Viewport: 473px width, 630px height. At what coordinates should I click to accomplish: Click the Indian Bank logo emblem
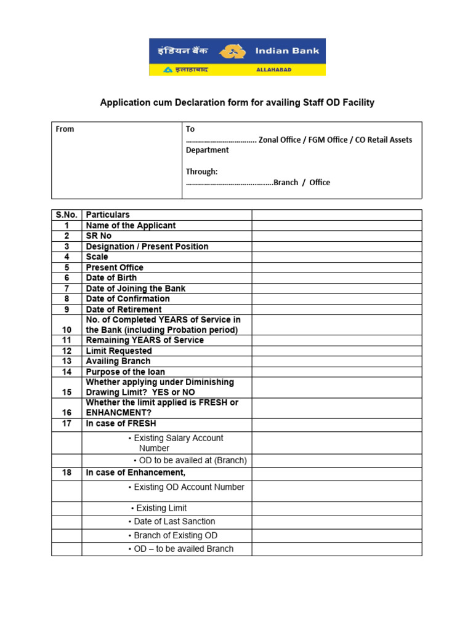(231, 52)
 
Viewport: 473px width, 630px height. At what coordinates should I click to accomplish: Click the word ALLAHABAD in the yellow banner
(273, 70)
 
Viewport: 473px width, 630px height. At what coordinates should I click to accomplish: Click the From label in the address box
(65, 129)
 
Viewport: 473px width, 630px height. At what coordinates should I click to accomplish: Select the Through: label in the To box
(201, 172)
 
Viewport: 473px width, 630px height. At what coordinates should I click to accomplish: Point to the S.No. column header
(67, 215)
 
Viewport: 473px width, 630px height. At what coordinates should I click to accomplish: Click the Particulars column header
(108, 215)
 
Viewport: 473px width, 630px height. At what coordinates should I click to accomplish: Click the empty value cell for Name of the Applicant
(336, 225)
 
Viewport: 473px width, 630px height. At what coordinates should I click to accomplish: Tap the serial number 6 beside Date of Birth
(67, 277)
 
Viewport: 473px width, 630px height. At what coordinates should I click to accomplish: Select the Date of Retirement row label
(124, 309)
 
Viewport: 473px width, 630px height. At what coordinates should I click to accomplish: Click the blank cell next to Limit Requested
(336, 351)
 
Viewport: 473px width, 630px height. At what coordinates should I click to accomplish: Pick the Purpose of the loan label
(125, 372)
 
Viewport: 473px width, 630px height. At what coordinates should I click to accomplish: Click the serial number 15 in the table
(67, 392)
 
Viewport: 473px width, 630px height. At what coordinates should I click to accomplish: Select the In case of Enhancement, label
(135, 472)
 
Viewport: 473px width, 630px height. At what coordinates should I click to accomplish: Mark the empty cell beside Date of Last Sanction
(336, 522)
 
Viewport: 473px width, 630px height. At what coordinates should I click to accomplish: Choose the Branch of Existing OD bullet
(175, 535)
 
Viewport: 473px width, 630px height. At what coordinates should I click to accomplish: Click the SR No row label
(99, 236)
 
